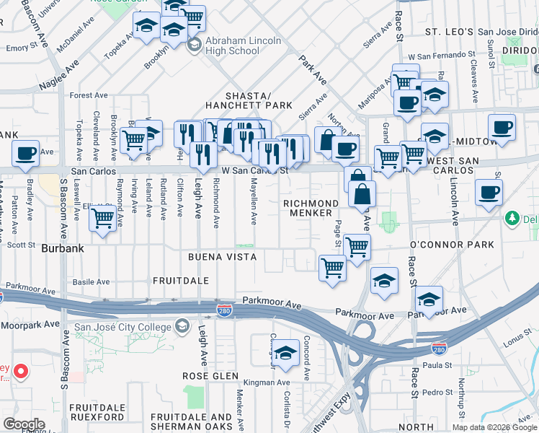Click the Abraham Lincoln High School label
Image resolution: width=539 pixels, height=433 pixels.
pos(242,45)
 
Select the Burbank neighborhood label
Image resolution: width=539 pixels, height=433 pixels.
pos(63,248)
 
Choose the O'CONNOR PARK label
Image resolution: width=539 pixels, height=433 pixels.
pos(452,245)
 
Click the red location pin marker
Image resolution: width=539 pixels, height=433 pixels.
pos(21,372)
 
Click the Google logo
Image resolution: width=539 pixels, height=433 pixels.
pos(23,424)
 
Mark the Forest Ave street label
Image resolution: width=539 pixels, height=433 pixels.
pos(88,95)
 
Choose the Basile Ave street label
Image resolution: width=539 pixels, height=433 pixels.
pos(91,282)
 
